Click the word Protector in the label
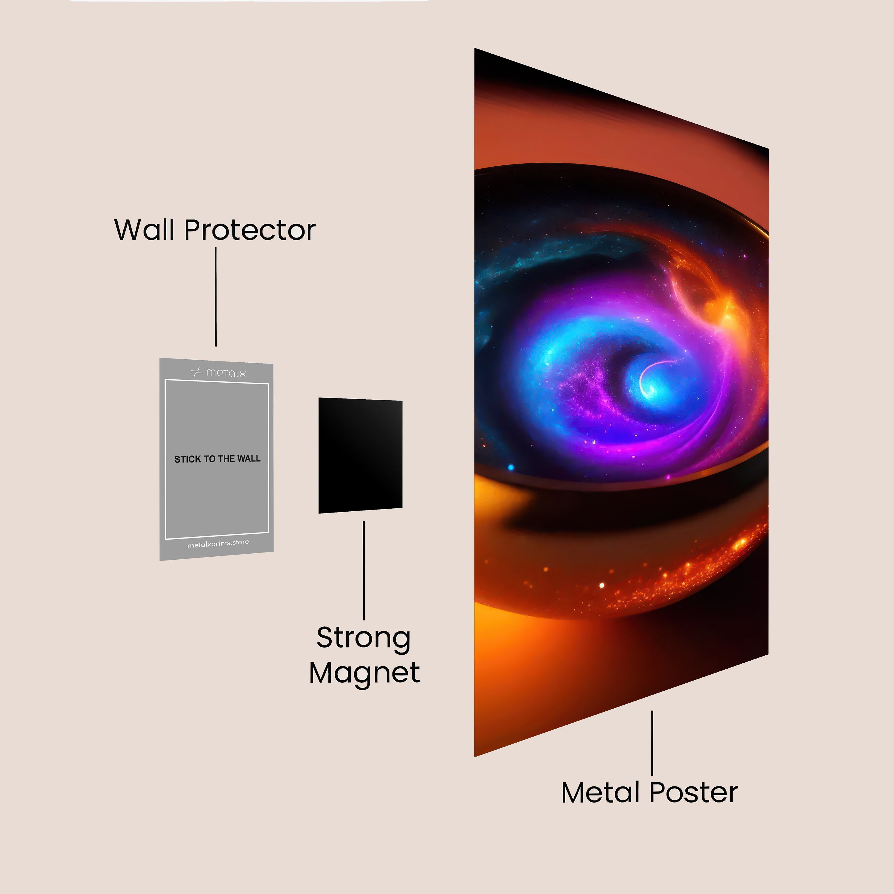250,230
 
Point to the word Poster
694,793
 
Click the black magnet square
360,455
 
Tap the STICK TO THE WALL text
218,459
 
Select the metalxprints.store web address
218,543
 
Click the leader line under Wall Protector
216,297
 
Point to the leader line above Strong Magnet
364,571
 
